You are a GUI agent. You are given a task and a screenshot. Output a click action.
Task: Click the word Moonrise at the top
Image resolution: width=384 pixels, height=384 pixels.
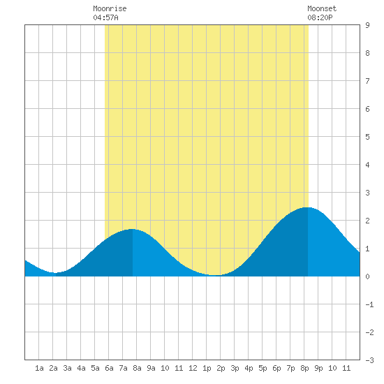coord(110,8)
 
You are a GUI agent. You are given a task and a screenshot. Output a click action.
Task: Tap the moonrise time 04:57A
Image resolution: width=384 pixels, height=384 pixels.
coord(105,17)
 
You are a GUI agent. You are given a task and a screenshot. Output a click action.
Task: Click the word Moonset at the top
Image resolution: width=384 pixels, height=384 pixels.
coord(322,8)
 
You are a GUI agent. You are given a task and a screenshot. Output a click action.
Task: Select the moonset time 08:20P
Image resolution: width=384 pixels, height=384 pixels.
coord(320,17)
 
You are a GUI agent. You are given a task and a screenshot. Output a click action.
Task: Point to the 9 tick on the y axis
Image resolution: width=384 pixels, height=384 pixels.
coord(367,25)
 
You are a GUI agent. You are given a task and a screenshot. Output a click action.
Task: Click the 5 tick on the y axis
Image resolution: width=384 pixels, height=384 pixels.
coord(367,137)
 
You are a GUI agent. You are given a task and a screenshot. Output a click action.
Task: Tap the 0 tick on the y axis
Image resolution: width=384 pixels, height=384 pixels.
coord(367,276)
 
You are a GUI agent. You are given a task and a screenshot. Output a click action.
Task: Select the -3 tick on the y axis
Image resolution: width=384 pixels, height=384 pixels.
coord(369,360)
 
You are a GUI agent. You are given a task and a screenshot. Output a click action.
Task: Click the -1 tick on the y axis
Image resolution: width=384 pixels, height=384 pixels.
coord(369,304)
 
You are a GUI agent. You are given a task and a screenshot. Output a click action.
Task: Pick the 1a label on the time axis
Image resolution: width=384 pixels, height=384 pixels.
coord(39,368)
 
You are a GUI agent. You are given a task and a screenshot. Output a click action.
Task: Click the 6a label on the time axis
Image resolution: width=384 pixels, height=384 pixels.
coord(109,368)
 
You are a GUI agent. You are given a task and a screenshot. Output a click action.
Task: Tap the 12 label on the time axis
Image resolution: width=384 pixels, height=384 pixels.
coord(193,368)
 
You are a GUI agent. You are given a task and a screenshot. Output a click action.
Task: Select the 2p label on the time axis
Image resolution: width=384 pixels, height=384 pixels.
coord(221,368)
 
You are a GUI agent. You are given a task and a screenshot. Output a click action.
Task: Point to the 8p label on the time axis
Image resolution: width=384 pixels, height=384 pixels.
coord(304,368)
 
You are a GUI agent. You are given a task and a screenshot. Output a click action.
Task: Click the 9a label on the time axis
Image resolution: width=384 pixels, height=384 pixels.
coord(151,368)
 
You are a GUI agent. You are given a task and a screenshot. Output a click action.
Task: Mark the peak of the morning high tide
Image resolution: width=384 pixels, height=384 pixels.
coord(132,229)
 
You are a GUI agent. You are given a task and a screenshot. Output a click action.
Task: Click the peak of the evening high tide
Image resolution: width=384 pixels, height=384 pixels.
coord(307,207)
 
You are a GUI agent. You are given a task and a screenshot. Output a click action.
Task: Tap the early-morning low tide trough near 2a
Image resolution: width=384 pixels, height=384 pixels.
coord(55,272)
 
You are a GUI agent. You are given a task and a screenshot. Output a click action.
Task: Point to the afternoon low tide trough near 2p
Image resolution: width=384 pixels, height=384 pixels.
coord(215,275)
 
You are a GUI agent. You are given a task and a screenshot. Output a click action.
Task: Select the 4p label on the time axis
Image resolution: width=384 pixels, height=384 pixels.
coord(249,368)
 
